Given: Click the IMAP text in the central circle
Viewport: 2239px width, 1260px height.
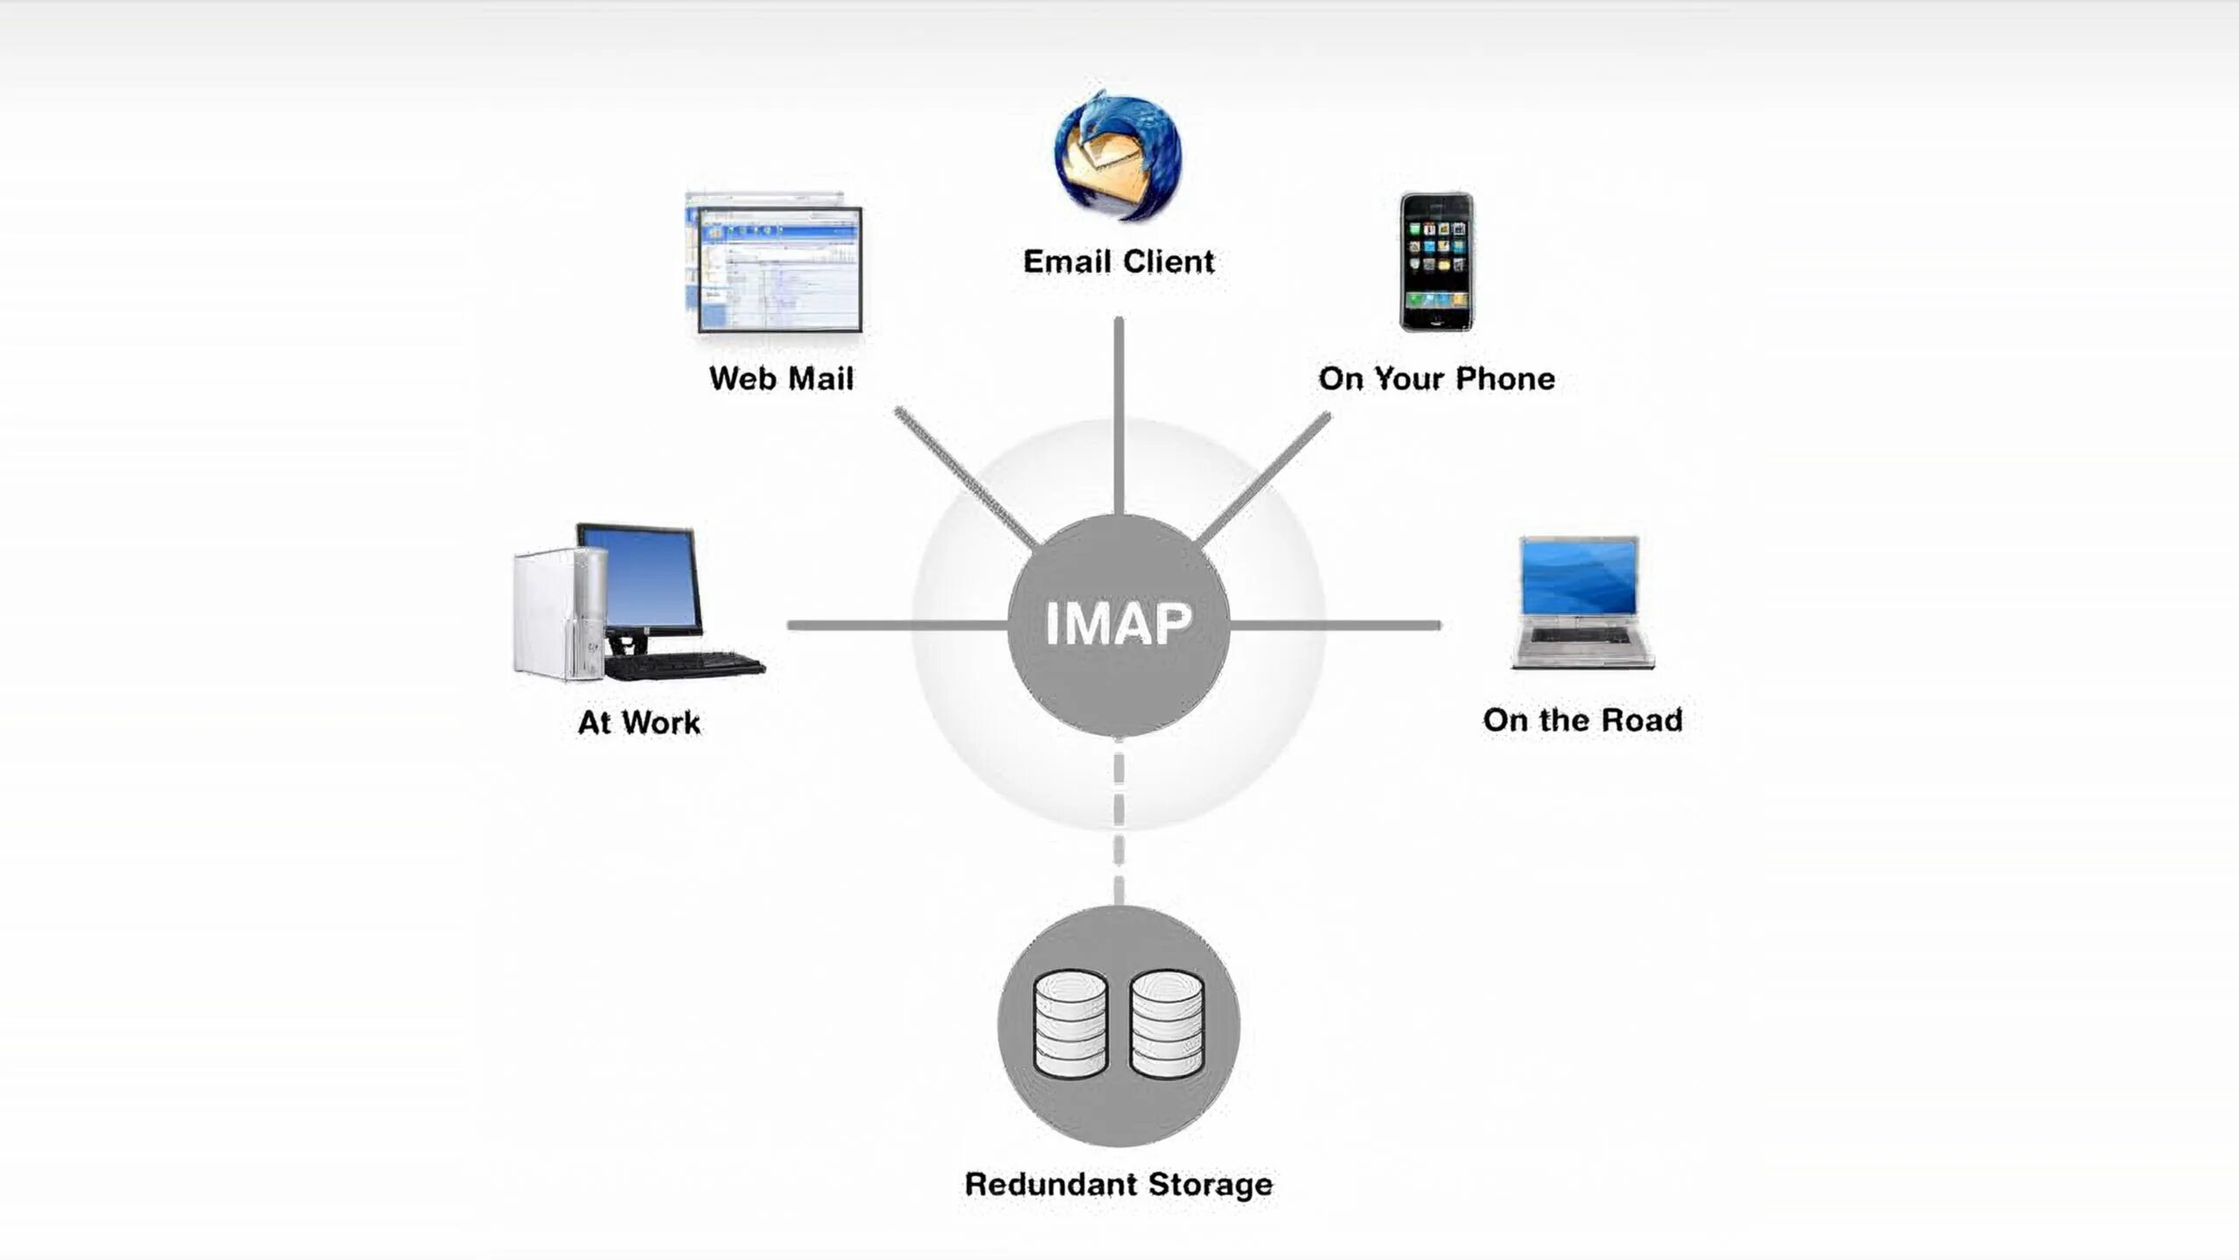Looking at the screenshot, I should [1118, 624].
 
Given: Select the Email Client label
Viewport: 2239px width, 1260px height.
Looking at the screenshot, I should [1118, 262].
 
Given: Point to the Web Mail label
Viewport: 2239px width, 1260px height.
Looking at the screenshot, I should [781, 379].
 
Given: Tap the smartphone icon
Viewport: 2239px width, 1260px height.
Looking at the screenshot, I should [1436, 262].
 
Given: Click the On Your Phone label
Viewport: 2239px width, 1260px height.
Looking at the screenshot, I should [1436, 379].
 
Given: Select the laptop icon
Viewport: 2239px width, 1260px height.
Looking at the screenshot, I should [1581, 603].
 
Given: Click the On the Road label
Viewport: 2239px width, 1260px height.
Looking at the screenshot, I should [1582, 720].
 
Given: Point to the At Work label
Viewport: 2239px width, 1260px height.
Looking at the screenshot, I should [639, 723].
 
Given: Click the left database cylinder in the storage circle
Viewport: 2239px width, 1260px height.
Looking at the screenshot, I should [1071, 1024].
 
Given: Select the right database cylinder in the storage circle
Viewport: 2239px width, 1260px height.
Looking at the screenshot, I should [1167, 1024].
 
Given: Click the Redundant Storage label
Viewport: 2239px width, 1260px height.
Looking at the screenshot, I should [1118, 1185].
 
